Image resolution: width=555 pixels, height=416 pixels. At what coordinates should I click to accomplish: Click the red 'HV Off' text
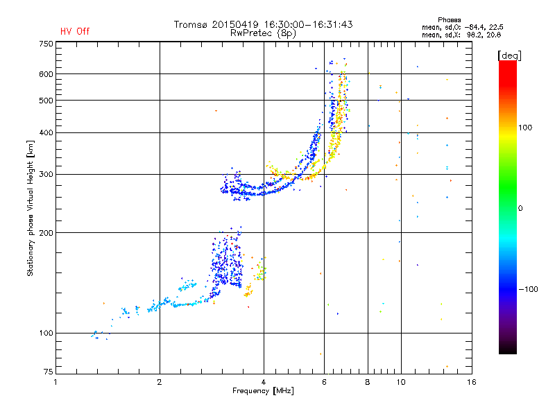pos(75,31)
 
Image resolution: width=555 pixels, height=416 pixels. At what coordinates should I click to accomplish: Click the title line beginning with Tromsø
pos(263,24)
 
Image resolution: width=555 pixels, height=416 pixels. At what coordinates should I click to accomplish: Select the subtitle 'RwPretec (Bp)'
pos(263,33)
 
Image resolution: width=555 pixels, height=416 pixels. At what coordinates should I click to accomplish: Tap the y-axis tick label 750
pos(46,44)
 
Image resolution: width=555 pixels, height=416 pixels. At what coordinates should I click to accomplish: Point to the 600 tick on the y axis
pos(46,73)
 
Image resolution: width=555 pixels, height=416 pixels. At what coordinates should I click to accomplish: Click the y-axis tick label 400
pos(46,132)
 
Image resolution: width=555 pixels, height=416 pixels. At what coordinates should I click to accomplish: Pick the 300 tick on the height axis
pos(46,174)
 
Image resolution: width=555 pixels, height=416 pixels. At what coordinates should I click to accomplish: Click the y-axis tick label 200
pos(46,232)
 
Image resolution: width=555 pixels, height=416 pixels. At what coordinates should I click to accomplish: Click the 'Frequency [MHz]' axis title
pos(263,391)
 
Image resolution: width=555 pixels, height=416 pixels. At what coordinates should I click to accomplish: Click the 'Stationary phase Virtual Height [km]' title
pos(31,209)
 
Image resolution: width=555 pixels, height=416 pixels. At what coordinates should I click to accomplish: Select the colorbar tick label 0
pos(520,208)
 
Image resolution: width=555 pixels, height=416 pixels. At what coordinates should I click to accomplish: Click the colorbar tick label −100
pos(527,288)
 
